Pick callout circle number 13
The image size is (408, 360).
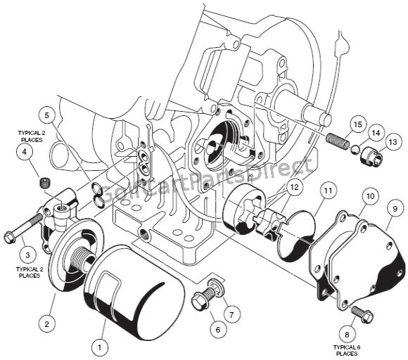point(390,142)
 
